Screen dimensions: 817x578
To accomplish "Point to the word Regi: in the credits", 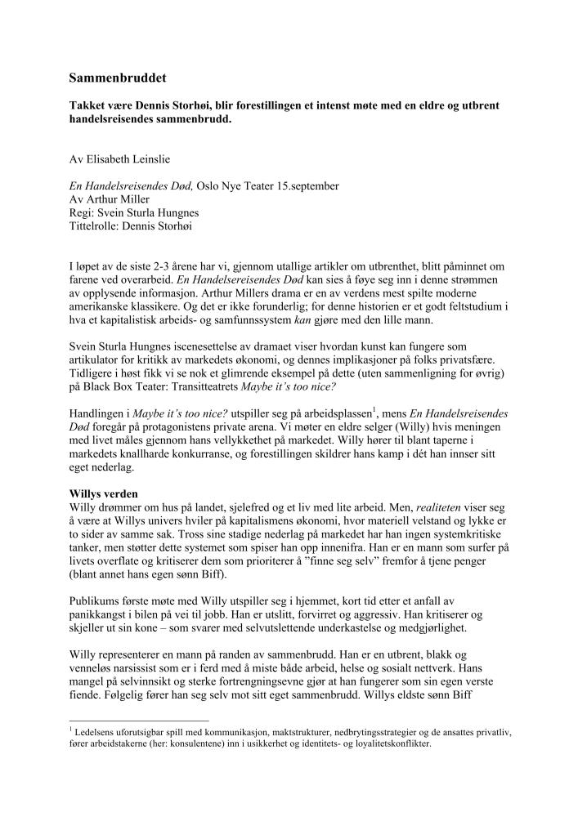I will click(84, 212).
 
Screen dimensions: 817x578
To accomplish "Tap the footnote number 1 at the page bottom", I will click(71, 730).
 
